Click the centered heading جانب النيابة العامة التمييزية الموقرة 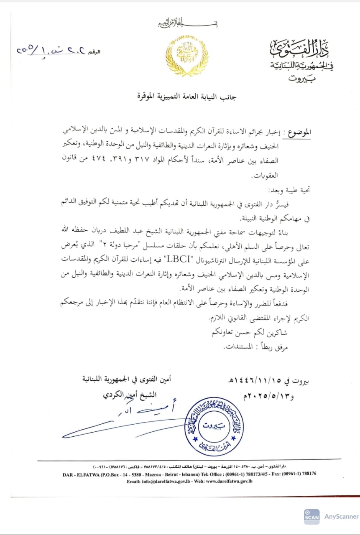click(187, 97)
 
